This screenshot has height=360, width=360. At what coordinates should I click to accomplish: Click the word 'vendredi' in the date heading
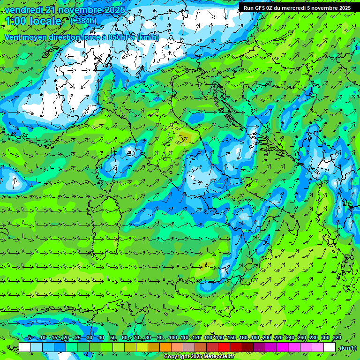click(x=22, y=10)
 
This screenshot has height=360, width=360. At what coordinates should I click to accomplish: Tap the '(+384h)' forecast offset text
click(x=83, y=21)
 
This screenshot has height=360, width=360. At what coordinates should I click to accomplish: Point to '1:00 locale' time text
click(x=33, y=21)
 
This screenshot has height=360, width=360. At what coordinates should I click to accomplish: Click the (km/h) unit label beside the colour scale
click(x=347, y=348)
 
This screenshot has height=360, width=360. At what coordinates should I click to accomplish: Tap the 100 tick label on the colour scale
click(x=173, y=338)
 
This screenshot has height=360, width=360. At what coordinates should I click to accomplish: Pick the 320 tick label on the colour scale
click(x=337, y=338)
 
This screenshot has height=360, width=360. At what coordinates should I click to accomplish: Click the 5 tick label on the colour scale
click(x=30, y=338)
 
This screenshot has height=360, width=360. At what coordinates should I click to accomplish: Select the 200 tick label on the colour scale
click(x=267, y=338)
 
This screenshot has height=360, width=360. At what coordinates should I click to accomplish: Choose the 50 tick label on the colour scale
click(x=113, y=338)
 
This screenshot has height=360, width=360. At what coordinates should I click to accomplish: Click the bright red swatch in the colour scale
click(x=224, y=347)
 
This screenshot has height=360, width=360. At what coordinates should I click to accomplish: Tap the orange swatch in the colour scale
click(x=165, y=347)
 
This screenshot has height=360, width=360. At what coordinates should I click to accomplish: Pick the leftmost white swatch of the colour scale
click(x=25, y=347)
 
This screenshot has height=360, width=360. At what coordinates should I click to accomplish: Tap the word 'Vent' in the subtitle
click(x=13, y=37)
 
